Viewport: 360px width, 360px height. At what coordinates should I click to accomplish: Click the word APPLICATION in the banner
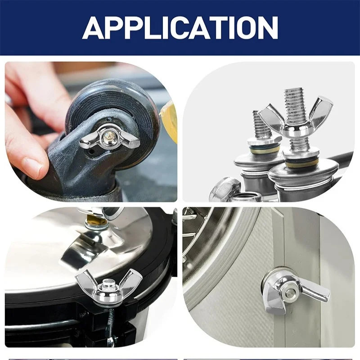(x=180, y=28)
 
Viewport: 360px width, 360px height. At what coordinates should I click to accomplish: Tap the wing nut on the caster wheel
(x=109, y=137)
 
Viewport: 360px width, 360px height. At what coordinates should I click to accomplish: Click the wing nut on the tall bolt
(x=296, y=119)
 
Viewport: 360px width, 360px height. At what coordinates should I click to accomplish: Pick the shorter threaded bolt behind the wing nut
(x=262, y=125)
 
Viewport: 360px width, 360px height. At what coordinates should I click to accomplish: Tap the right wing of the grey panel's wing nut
(x=316, y=293)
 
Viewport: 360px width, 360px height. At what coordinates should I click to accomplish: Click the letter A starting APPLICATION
(x=94, y=28)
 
